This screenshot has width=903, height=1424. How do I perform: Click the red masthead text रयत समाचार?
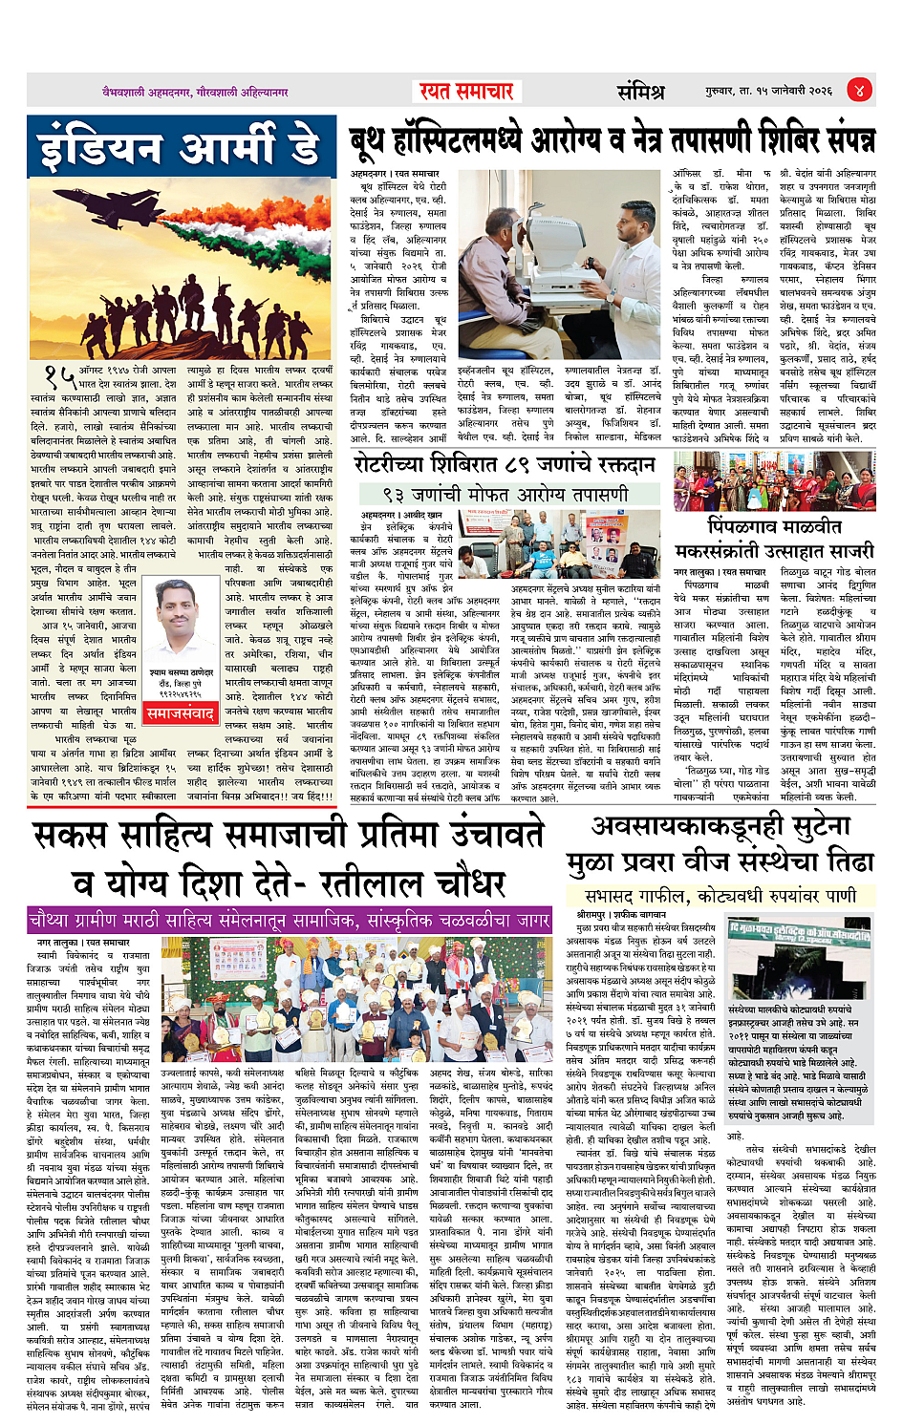coord(466,91)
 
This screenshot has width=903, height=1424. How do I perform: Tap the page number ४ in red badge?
coord(859,91)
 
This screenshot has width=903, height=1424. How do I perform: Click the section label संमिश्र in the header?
coord(640,92)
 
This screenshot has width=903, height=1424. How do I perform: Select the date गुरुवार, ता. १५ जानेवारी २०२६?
coord(769,91)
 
